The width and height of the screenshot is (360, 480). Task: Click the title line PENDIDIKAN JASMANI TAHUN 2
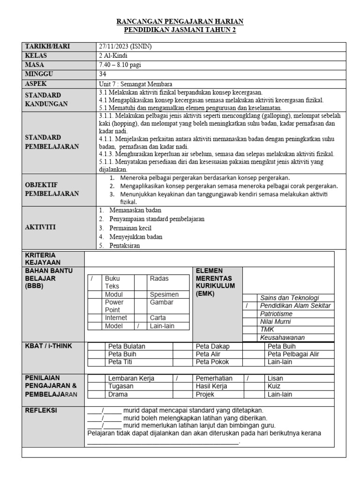coord(180,30)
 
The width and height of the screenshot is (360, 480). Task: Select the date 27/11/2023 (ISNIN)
coord(126,46)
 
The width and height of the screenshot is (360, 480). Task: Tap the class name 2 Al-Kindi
coord(114,56)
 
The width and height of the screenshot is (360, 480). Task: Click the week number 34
coord(103,74)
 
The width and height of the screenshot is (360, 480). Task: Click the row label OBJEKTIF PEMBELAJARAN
coord(52,189)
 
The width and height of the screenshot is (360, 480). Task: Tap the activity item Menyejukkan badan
coord(136,237)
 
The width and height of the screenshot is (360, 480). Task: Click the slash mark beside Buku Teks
coord(92,278)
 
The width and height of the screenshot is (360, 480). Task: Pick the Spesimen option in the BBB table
coord(164,294)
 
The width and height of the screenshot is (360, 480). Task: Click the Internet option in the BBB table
coord(116,318)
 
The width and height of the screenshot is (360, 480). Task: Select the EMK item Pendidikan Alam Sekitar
coord(295,306)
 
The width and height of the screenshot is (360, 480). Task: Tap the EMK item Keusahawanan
coord(282,337)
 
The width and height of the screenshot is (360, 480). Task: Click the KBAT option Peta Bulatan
coord(127,346)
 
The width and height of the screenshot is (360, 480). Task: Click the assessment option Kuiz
coord(274,386)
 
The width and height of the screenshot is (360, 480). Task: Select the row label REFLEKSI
coord(41,410)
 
